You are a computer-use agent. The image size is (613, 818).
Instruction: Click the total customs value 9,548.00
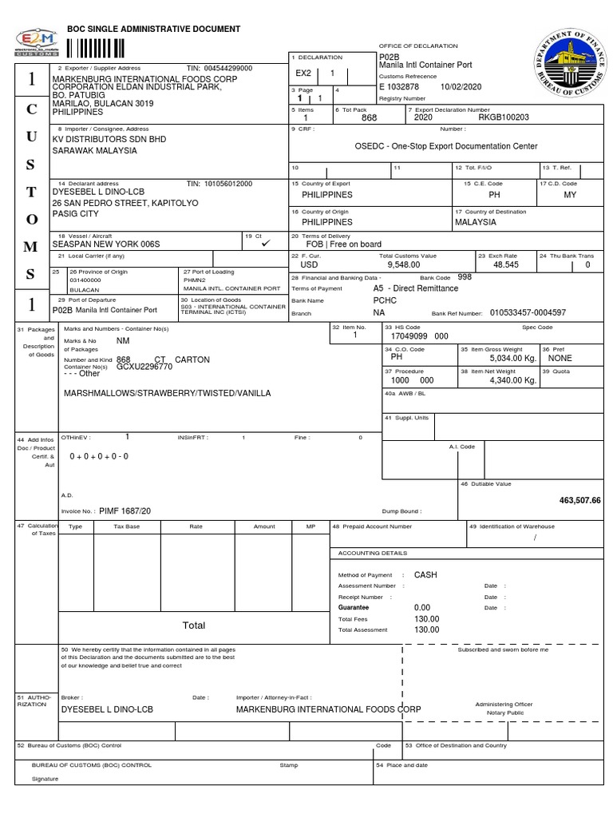pos(403,263)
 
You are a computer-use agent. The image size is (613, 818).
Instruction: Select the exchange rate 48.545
pos(506,263)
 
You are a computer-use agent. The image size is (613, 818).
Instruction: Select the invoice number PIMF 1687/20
pos(125,510)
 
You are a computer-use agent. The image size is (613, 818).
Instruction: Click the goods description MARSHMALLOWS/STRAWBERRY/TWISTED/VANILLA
pos(167,393)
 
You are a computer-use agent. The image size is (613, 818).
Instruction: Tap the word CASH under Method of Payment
pos(425,574)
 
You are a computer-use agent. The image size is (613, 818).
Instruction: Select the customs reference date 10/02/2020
pos(459,85)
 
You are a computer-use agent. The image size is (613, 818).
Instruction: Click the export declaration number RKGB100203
pos(503,117)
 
